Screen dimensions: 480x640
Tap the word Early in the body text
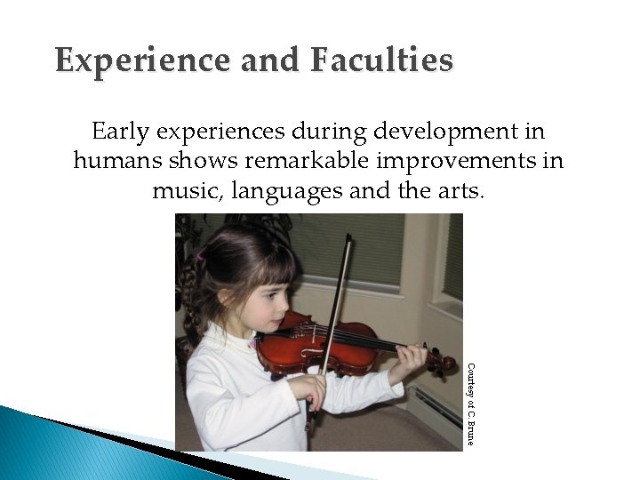tap(121, 132)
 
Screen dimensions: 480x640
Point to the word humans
tap(112, 163)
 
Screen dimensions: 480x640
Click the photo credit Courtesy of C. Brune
tap(471, 404)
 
